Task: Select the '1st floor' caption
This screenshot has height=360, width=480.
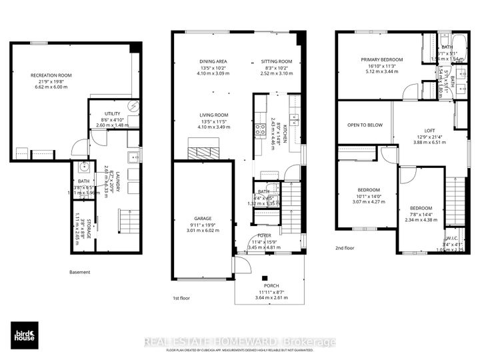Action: [x=181, y=297]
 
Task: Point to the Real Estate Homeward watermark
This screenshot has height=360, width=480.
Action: [x=240, y=341]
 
